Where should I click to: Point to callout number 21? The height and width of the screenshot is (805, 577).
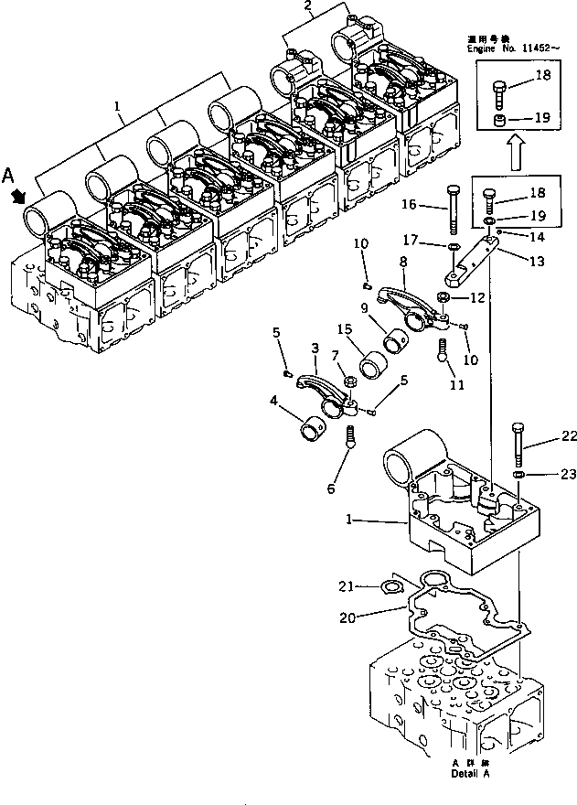(370, 586)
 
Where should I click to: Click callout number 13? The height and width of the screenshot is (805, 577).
(536, 260)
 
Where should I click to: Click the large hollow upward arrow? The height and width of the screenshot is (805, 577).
(515, 155)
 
